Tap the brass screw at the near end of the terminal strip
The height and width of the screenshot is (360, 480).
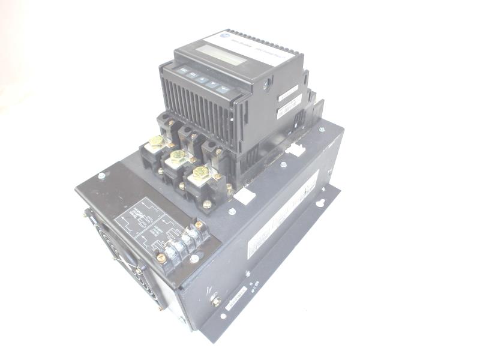click(x=161, y=257)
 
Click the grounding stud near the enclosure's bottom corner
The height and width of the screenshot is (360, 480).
click(x=216, y=301)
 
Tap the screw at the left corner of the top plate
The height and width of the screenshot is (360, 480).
click(x=101, y=176)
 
